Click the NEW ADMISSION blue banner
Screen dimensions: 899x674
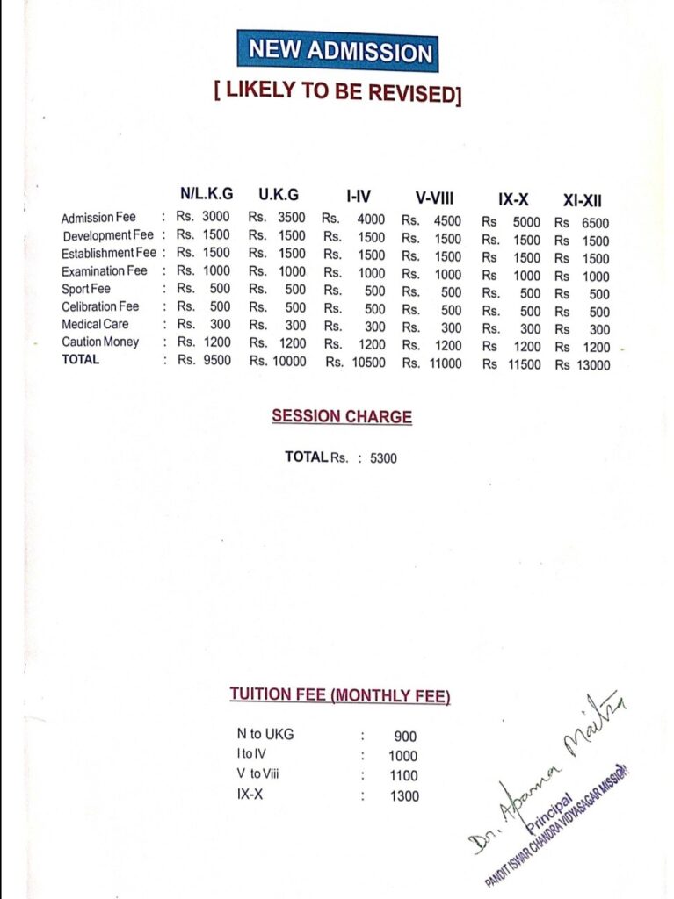pyautogui.click(x=337, y=51)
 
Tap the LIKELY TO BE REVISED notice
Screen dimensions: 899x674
pyautogui.click(x=337, y=93)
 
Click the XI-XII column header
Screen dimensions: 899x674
pyautogui.click(x=582, y=199)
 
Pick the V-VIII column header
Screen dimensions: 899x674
pyautogui.click(x=434, y=198)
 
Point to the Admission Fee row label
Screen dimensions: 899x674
pyautogui.click(x=98, y=217)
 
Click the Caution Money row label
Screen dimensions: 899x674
pyautogui.click(x=100, y=342)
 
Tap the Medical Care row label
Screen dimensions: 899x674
pyautogui.click(x=95, y=324)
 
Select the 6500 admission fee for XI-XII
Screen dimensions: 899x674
pyautogui.click(x=594, y=223)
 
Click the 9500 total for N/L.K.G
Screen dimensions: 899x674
pyautogui.click(x=216, y=359)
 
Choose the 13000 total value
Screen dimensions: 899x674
pyautogui.click(x=592, y=365)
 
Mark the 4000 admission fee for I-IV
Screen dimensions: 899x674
pyautogui.click(x=371, y=220)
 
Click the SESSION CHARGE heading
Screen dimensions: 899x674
pyautogui.click(x=342, y=416)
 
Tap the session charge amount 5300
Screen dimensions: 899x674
pyautogui.click(x=383, y=457)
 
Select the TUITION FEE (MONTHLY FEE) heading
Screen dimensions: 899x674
pyautogui.click(x=340, y=695)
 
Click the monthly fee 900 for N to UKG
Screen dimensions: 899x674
pyautogui.click(x=405, y=737)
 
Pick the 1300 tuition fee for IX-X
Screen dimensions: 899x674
pyautogui.click(x=404, y=796)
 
